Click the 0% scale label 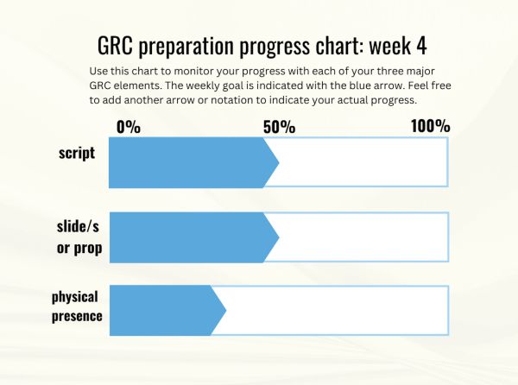129,127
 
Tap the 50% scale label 279,127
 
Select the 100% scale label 431,126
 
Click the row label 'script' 77,153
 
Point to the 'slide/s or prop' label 79,237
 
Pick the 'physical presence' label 77,306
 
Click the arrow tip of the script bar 279,162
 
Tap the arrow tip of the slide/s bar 279,237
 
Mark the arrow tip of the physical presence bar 226,311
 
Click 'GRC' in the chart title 115,46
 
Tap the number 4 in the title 421,46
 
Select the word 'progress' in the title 275,47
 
